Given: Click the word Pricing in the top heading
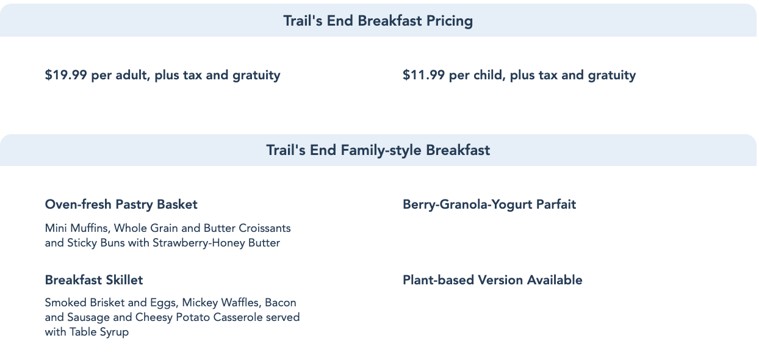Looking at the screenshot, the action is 449,21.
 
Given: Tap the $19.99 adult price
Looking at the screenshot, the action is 66,75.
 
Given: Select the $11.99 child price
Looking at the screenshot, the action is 424,75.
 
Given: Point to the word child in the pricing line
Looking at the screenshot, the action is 489,75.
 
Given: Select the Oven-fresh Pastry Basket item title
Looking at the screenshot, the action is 121,204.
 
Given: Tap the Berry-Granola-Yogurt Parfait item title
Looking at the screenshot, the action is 489,204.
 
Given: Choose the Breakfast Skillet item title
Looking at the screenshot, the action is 94,280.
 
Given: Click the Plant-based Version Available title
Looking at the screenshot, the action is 492,280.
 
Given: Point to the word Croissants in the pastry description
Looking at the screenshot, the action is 265,228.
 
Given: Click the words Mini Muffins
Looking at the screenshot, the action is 77,228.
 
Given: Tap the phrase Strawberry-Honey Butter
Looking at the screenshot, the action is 216,243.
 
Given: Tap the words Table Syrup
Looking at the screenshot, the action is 99,332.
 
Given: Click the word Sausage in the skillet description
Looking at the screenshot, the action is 88,317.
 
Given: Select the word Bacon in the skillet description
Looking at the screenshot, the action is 281,303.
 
